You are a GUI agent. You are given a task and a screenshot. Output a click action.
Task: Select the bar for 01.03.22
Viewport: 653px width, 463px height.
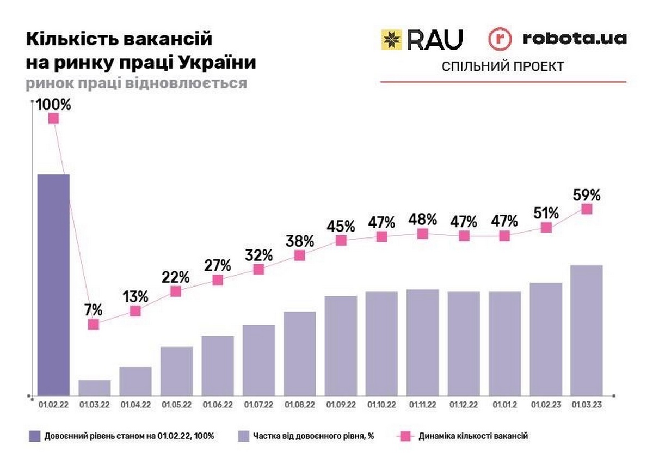pos(95,387)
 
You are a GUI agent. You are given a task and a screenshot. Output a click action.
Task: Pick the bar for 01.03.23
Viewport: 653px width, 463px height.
pos(586,330)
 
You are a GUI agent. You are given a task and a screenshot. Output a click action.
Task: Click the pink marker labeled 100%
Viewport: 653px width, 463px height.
pos(53,118)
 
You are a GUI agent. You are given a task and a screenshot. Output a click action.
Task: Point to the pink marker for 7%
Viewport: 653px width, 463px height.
pos(94,324)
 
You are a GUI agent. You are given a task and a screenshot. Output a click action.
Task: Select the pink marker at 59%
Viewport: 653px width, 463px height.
pos(586,209)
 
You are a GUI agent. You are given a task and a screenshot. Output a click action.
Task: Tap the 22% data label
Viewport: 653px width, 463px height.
pos(176,277)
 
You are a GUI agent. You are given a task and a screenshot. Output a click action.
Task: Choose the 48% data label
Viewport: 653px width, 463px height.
pos(423,219)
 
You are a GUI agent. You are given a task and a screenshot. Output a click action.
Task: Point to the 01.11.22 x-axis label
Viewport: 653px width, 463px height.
pos(423,405)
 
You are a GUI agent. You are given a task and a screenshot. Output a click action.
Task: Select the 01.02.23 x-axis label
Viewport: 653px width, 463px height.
pos(546,405)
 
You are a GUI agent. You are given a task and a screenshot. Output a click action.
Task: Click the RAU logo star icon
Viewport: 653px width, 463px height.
pos(391,39)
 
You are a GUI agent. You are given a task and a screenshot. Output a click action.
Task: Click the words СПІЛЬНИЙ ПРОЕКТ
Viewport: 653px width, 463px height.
pos(503,66)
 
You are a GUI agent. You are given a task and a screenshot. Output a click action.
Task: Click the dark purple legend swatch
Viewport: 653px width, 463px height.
pos(34,436)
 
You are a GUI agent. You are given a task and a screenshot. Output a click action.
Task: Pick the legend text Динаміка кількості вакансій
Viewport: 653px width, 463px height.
pos(473,436)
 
